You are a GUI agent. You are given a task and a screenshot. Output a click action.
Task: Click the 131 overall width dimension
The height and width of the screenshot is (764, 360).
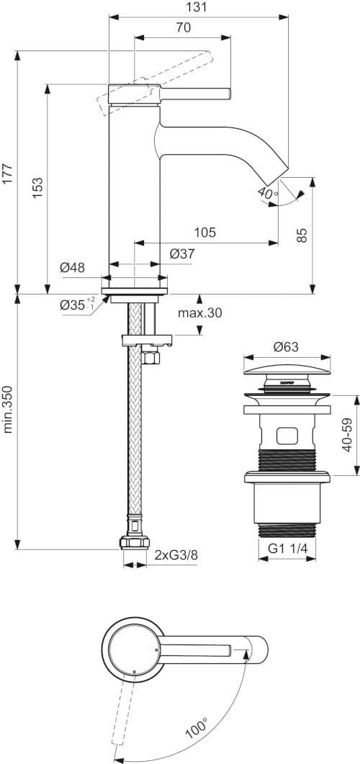(198, 7)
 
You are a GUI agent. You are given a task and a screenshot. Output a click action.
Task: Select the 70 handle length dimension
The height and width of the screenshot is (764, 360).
(183, 28)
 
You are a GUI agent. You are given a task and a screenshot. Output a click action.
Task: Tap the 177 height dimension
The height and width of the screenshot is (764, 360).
(8, 174)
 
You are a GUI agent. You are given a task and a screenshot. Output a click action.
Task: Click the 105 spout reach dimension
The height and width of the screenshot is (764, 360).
(205, 232)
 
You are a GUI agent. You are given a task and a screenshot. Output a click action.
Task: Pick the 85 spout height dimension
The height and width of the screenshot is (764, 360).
(302, 235)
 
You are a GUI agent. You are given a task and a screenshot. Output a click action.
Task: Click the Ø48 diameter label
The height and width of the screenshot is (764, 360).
(72, 267)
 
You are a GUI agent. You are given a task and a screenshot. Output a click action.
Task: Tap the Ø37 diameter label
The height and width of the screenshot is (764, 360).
(182, 253)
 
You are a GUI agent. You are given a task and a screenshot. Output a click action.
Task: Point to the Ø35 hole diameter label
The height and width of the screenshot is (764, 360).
(76, 304)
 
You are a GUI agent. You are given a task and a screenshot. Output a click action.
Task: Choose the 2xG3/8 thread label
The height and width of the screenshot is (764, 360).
(175, 554)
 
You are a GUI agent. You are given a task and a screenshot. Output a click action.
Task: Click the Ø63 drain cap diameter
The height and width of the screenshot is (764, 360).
(286, 346)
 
